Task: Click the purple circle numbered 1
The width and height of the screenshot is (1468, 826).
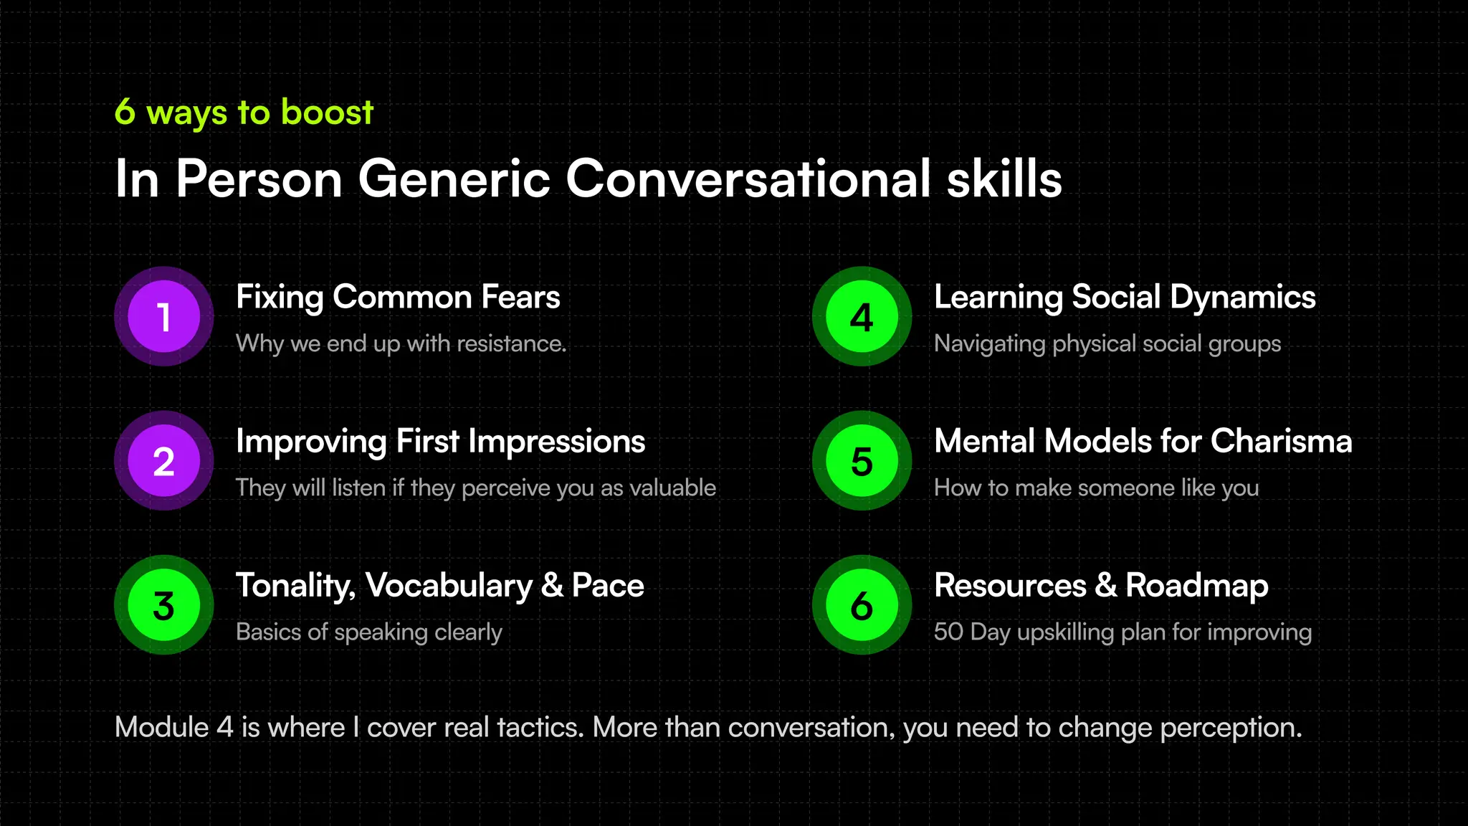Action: click(x=163, y=316)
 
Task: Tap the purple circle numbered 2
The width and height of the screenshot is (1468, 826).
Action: click(x=163, y=461)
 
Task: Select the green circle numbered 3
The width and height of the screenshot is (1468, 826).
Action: click(x=163, y=605)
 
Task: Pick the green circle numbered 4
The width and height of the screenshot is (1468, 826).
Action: click(x=862, y=316)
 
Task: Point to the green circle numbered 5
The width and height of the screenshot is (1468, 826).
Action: click(x=862, y=461)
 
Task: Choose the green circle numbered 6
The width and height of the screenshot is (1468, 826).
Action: click(x=862, y=605)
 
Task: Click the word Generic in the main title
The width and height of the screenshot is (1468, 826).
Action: click(x=454, y=179)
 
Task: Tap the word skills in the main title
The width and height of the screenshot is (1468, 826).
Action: click(x=1004, y=179)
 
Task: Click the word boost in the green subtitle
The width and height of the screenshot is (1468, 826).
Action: click(x=327, y=113)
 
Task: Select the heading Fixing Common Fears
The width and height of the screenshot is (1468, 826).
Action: click(x=398, y=297)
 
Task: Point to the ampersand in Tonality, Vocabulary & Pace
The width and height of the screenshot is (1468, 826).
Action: click(x=551, y=586)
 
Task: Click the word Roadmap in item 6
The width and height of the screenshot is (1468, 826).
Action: click(x=1197, y=586)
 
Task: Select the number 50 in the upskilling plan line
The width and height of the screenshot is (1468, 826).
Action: click(x=948, y=632)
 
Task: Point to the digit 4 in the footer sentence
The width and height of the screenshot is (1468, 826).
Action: click(x=224, y=728)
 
